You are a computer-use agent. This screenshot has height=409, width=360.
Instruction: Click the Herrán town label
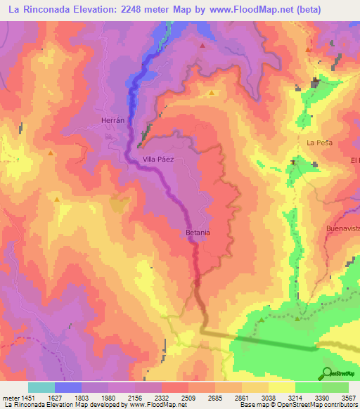coord(112,120)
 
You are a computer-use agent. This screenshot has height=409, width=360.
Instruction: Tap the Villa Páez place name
coord(157,160)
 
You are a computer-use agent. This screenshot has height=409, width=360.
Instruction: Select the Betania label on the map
coord(198,232)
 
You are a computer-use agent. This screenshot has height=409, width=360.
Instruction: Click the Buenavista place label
coord(344,229)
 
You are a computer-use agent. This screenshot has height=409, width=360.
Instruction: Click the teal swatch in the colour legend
coord(41,387)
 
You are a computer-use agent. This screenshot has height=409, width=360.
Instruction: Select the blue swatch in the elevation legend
coord(68,387)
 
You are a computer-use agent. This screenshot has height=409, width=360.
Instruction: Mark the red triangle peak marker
coord(202,46)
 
